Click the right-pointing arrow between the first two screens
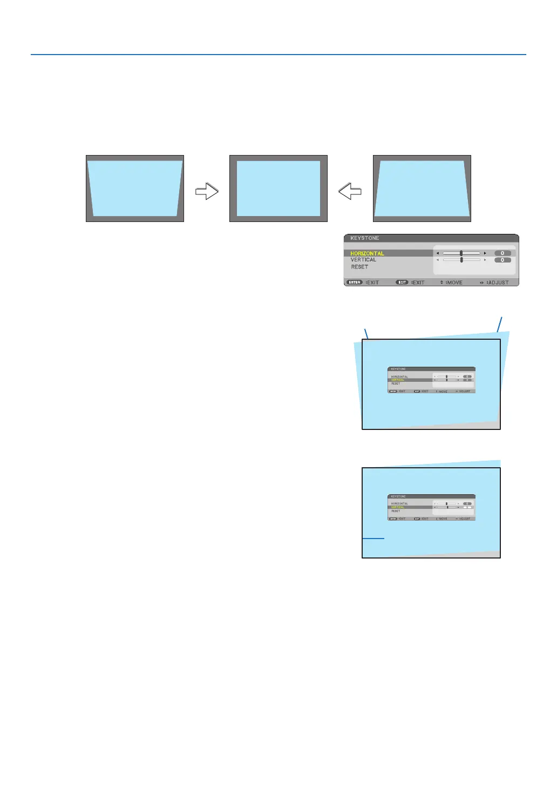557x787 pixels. [207, 191]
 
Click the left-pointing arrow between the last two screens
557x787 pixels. [350, 191]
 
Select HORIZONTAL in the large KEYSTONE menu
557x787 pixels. [367, 253]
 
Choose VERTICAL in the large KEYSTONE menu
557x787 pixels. [363, 260]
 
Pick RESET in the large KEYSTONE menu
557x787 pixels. [359, 267]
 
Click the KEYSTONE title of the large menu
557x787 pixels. [365, 238]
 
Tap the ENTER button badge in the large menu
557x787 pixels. [354, 282]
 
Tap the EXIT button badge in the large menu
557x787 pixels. [402, 282]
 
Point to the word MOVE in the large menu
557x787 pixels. [454, 282]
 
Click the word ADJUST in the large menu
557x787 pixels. [499, 282]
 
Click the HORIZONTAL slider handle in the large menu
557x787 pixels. [461, 253]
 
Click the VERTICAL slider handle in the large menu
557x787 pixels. [461, 260]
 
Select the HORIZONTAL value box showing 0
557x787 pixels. [502, 253]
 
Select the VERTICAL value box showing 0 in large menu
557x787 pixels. [502, 260]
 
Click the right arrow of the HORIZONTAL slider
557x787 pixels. [485, 253]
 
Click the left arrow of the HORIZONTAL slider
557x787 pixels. [438, 253]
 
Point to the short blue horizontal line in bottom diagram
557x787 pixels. [373, 539]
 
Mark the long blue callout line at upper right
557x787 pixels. [500, 324]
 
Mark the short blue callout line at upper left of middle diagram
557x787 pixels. [366, 333]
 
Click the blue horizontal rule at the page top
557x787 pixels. [278, 55]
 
